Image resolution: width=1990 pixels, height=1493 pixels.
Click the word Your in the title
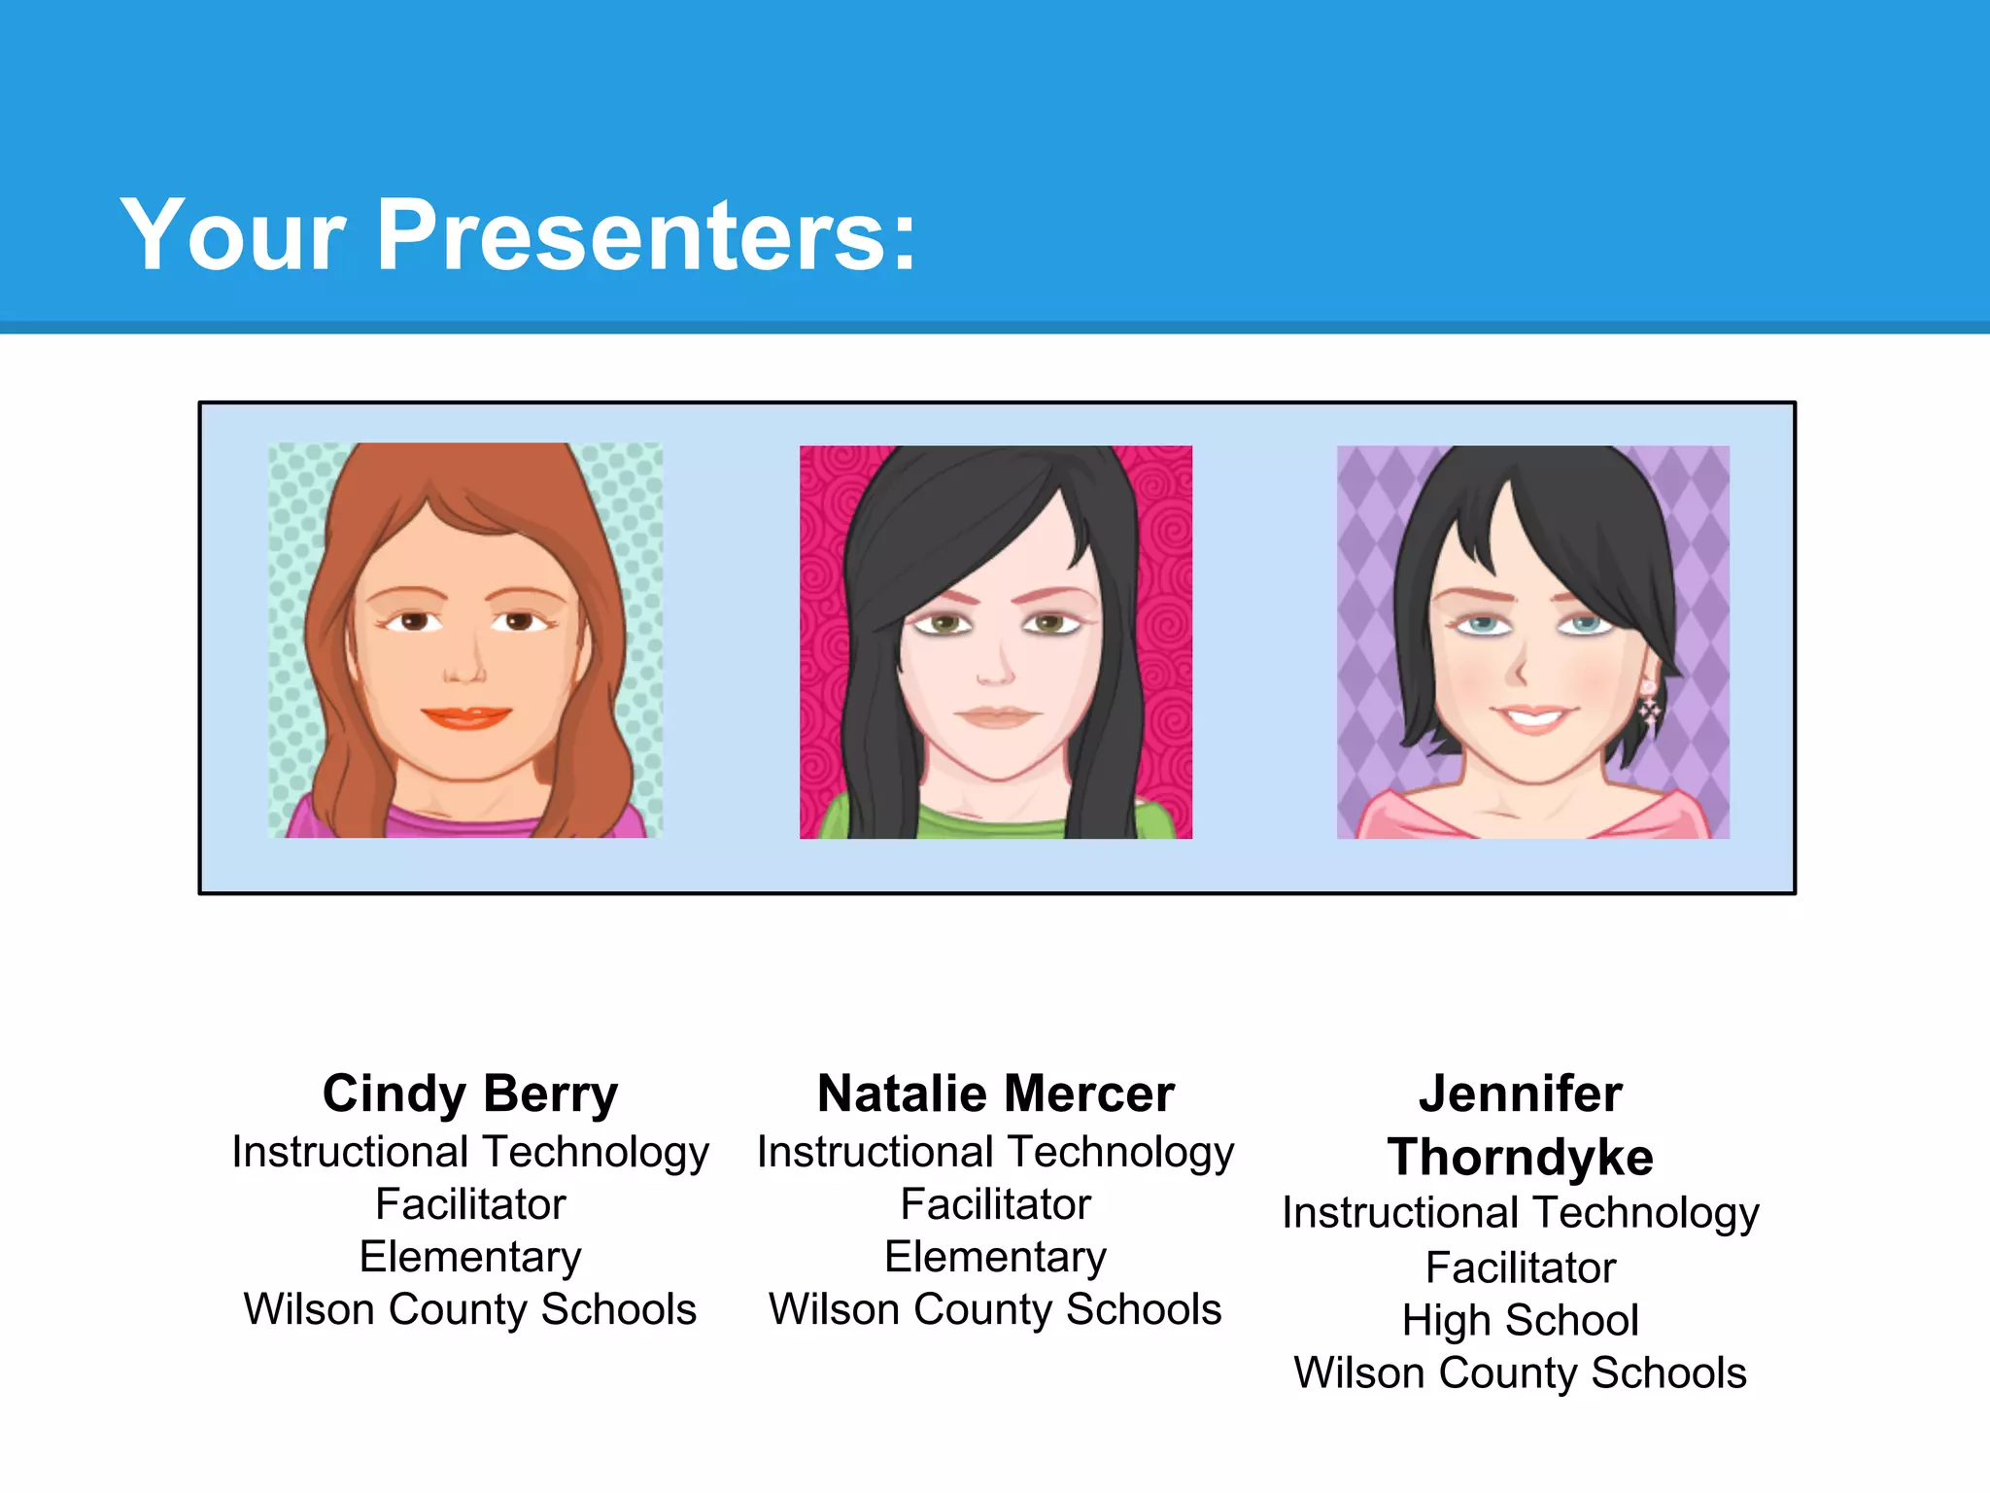tap(233, 235)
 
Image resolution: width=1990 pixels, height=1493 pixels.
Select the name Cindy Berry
tap(470, 1094)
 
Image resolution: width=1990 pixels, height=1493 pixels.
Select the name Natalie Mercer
tap(996, 1094)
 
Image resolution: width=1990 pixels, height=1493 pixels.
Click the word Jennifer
tap(1521, 1094)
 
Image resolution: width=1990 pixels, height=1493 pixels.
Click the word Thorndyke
tap(1521, 1158)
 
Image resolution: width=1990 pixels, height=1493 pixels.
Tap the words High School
tap(1521, 1321)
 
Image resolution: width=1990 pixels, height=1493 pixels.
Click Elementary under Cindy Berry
tap(470, 1258)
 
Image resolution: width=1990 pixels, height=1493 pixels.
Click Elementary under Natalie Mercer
tap(996, 1258)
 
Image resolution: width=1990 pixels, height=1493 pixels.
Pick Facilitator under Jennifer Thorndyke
tap(1521, 1268)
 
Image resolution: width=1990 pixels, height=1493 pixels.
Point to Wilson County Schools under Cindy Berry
tap(470, 1310)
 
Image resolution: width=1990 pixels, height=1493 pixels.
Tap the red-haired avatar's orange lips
tap(466, 718)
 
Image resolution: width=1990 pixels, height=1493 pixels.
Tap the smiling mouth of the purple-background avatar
tap(1533, 719)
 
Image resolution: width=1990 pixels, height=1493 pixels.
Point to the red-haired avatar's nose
tap(464, 671)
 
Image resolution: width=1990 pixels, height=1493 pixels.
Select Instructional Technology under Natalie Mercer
tap(996, 1153)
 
